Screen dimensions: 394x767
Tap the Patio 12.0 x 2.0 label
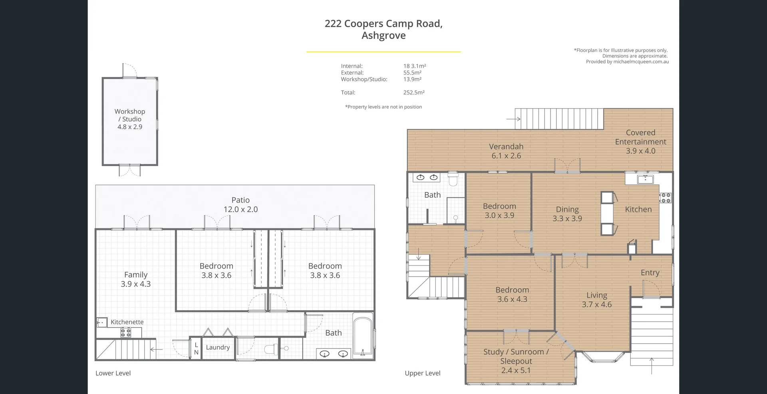[240, 205]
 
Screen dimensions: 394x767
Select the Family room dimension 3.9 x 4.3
[135, 284]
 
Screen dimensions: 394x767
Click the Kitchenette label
[127, 322]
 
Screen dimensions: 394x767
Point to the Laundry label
[218, 348]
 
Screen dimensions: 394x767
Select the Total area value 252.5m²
[414, 93]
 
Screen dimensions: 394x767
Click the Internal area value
[414, 66]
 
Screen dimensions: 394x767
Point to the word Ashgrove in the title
[383, 36]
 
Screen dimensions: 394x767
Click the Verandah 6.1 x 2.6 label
[506, 151]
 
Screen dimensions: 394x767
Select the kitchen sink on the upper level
[645, 179]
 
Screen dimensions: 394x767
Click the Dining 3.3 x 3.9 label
[567, 214]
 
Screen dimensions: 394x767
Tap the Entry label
[650, 273]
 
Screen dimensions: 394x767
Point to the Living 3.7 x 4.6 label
[596, 300]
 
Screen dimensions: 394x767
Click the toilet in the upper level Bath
[453, 180]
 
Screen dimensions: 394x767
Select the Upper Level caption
[422, 373]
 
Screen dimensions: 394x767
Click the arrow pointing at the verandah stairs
[513, 119]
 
